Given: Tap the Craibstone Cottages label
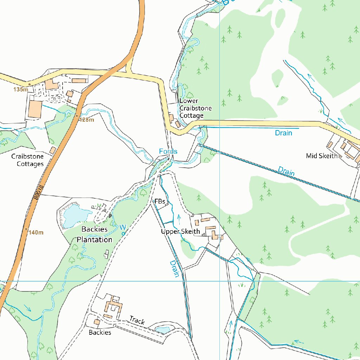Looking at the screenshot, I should [27, 160].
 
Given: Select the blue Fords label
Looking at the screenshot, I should [168, 151].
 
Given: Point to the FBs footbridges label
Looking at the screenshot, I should [160, 201].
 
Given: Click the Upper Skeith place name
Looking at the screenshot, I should [180, 231].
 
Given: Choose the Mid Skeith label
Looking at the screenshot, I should [322, 156].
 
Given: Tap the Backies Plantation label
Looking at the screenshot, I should [95, 234].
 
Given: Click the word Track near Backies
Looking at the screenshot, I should [137, 320].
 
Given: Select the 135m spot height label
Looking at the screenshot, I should [20, 90].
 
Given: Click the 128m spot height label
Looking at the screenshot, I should [87, 120].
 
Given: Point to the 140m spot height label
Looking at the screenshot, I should [36, 232].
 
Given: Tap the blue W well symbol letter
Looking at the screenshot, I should [123, 226].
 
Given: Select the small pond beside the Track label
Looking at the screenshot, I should [162, 330].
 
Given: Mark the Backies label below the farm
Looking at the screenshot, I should [100, 332].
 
